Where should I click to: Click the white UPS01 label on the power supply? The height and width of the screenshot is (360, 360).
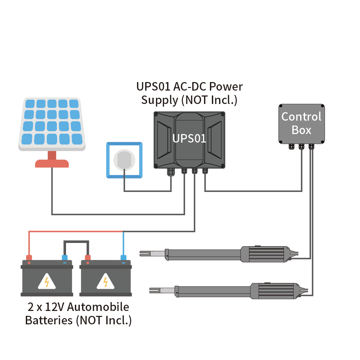tap(189, 139)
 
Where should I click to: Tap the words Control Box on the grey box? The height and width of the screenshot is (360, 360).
tap(301, 123)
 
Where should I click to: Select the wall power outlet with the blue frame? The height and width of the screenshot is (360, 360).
tap(124, 160)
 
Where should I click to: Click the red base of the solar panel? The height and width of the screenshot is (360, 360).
tap(52, 163)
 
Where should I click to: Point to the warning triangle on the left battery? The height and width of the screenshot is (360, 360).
tap(47, 282)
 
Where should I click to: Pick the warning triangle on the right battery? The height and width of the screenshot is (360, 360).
tap(105, 282)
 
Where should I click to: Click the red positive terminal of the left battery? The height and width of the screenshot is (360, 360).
tap(29, 258)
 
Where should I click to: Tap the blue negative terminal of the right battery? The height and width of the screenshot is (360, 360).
tap(123, 258)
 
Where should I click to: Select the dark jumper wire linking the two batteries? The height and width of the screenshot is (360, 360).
tap(76, 242)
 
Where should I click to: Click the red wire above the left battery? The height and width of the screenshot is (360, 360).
tap(75, 231)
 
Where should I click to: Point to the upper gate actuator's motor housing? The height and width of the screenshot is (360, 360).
tap(266, 254)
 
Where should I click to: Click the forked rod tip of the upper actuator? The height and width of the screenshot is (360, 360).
tap(145, 253)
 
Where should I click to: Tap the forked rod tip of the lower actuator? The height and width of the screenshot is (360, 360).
tap(155, 290)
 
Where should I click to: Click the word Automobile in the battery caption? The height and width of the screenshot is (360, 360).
tap(98, 307)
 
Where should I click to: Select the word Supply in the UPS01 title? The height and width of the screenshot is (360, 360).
tap(160, 100)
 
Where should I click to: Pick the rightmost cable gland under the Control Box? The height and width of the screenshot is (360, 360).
tap(311, 146)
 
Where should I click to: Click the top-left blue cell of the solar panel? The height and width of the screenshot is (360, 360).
tap(30, 104)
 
